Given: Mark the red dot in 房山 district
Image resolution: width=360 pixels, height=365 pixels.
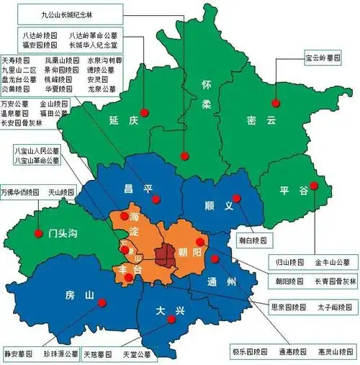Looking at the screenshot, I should click(102, 302).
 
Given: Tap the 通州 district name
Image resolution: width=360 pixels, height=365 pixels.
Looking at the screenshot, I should click(218, 281).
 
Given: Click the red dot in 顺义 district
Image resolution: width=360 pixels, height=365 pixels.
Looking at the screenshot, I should click(235, 198).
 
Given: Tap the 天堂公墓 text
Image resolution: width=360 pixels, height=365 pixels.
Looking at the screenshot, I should click(136, 354).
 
